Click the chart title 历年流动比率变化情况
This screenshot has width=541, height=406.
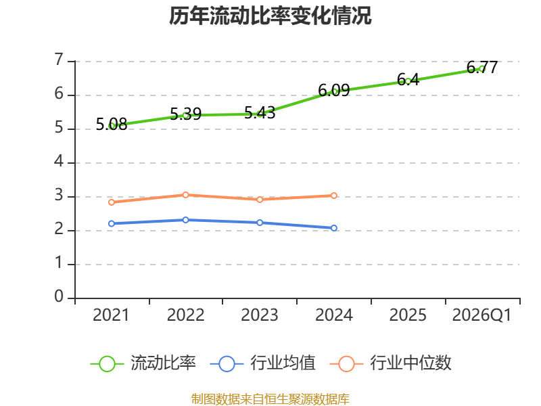pos(270,16)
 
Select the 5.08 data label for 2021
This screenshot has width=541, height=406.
pos(112,125)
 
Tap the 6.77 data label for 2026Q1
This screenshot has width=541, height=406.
pos(482,67)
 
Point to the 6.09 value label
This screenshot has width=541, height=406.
pos(333,91)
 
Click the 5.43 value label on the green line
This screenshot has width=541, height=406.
pos(260,113)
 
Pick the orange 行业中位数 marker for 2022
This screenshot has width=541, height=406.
pos(185,195)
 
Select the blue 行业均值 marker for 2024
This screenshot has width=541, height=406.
pos(334,228)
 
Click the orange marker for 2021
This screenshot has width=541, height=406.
pos(112,202)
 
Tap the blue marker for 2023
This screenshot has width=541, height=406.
pos(260,223)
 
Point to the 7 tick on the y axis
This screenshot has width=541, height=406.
pos(59,60)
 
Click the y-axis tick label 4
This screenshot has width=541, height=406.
pos(59,161)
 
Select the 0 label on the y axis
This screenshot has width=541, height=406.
pos(59,296)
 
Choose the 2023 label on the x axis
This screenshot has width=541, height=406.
pos(260,315)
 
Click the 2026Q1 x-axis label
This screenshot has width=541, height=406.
pos(481,315)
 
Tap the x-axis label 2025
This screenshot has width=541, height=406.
pos(408,315)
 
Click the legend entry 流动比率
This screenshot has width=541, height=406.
pos(143,363)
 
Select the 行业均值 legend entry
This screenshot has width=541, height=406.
pos(262,363)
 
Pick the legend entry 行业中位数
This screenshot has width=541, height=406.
pos(391,363)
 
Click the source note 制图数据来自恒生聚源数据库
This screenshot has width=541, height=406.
pos(270,399)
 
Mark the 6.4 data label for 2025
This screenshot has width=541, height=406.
pos(408,80)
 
